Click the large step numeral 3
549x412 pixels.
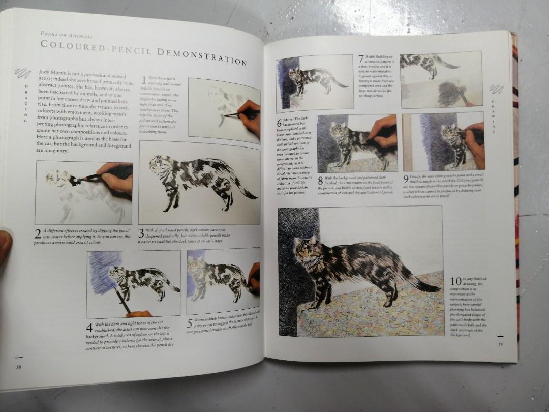tap(142, 234)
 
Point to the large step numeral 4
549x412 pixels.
tap(89, 328)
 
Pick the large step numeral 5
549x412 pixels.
tap(190, 323)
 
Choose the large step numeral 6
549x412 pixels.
tap(279, 123)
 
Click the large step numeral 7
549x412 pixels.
tap(361, 59)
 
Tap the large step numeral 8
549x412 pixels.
tap(321, 181)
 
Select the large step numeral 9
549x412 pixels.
tap(406, 179)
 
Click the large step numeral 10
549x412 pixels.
tap(455, 281)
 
